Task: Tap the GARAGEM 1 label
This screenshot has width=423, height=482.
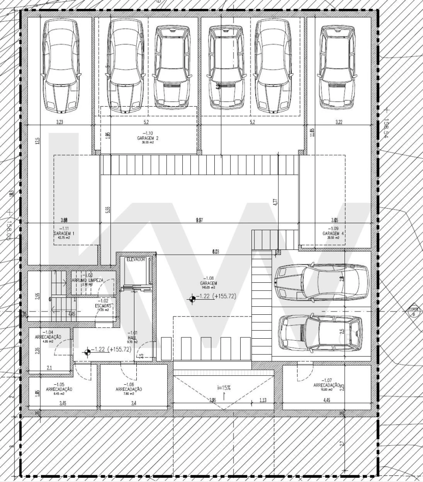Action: click(64, 233)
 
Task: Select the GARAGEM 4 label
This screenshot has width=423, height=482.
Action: click(334, 233)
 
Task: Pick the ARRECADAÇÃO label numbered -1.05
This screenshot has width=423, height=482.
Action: click(59, 389)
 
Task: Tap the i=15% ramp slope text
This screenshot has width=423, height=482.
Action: click(224, 388)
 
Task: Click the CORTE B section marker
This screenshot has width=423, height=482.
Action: click(414, 311)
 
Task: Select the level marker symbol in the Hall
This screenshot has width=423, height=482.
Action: click(87, 351)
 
